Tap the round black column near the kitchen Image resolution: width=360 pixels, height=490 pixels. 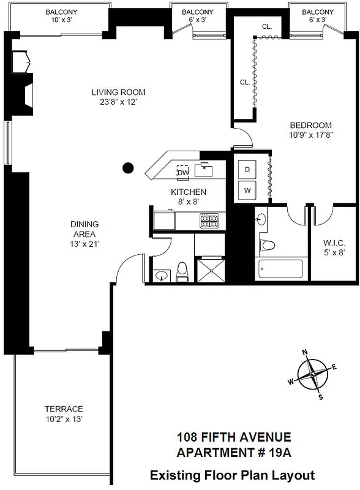(127, 167)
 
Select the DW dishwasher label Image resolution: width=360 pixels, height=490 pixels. (182, 173)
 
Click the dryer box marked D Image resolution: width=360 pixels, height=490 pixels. (248, 169)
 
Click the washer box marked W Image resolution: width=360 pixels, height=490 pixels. (248, 190)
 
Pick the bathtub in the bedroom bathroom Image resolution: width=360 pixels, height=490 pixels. (280, 268)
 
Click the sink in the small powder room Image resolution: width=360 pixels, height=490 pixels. (161, 275)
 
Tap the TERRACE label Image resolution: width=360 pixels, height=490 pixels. (64, 409)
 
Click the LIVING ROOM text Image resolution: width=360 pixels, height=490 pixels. (119, 92)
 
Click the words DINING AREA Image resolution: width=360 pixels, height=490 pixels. (84, 228)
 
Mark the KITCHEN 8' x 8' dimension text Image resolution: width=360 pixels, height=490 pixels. (185, 201)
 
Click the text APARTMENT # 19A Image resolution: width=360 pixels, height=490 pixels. (233, 453)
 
